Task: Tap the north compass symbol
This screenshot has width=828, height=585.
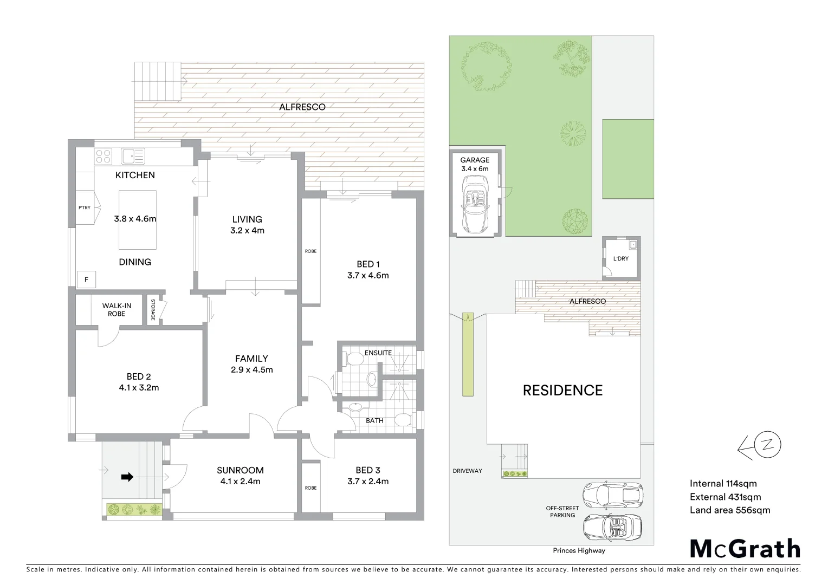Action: pyautogui.click(x=761, y=446)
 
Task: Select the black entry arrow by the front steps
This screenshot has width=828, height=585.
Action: pyautogui.click(x=127, y=477)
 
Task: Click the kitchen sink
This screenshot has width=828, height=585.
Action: pyautogui.click(x=133, y=157)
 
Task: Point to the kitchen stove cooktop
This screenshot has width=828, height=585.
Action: pyautogui.click(x=103, y=157)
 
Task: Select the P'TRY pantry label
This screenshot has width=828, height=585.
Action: pyautogui.click(x=84, y=207)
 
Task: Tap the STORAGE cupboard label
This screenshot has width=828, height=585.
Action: pyautogui.click(x=153, y=310)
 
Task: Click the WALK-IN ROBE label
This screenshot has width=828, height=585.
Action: pyautogui.click(x=117, y=310)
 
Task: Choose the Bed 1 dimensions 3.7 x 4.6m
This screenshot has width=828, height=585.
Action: pyautogui.click(x=368, y=275)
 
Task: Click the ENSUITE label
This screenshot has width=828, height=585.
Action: pyautogui.click(x=378, y=353)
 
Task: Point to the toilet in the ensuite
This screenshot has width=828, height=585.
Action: pyautogui.click(x=354, y=359)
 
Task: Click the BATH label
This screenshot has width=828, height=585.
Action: pyautogui.click(x=374, y=420)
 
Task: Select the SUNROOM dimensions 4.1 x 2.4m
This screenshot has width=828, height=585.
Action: pyautogui.click(x=240, y=482)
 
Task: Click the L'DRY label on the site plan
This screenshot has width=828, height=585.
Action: pyautogui.click(x=621, y=258)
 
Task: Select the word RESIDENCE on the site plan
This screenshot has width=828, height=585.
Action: pyautogui.click(x=562, y=391)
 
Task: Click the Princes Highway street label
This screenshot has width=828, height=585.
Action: pyautogui.click(x=579, y=551)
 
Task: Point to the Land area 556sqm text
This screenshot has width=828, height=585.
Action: pyautogui.click(x=729, y=510)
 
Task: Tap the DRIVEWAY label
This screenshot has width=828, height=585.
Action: pyautogui.click(x=467, y=471)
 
